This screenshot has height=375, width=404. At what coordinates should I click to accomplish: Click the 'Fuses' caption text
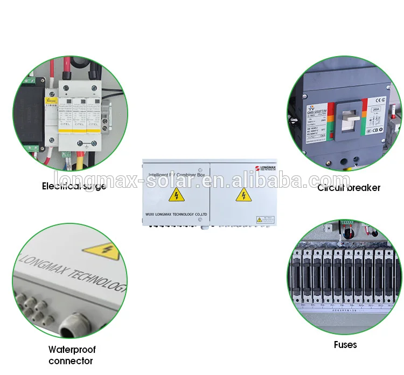(345, 344)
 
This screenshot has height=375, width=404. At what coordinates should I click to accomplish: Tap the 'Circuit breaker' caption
(349, 188)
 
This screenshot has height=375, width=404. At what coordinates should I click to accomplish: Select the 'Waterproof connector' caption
(71, 355)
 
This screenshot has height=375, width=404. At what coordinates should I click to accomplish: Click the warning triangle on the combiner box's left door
(176, 195)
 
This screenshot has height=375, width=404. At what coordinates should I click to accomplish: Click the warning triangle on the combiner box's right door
(243, 194)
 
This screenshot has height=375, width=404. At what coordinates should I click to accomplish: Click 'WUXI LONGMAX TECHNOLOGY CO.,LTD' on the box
(176, 215)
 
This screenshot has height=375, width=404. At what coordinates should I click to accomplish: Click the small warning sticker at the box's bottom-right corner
(264, 219)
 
